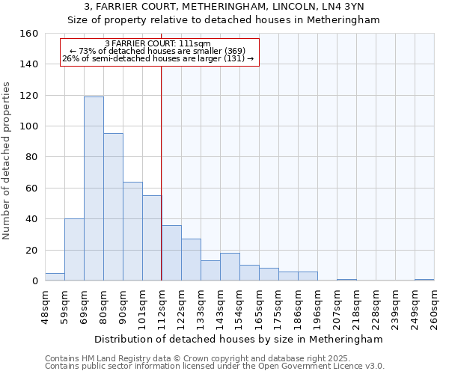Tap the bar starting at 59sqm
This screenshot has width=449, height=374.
coord(74,250)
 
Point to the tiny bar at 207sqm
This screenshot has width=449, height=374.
coord(346,280)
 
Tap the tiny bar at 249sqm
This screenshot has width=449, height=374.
coord(424,280)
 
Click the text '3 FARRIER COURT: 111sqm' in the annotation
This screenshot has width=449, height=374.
coord(159,43)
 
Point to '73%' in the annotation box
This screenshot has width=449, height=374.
coord(88,51)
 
